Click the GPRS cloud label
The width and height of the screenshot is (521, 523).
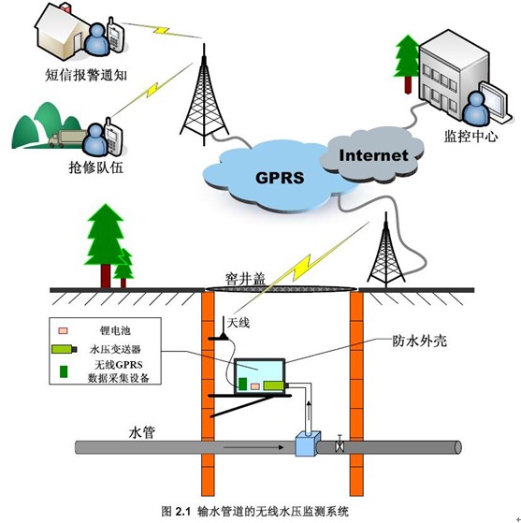pos(280,178)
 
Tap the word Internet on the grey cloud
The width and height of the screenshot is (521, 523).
pos(373,155)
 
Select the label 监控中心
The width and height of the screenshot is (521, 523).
pos(470,136)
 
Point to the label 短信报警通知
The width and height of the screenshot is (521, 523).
pos(86,75)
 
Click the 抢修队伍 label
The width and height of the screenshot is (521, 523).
pos(96,167)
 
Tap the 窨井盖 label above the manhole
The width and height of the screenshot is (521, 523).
pos(245,279)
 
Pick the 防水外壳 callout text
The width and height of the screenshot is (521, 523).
pos(419,341)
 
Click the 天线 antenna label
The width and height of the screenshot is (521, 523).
pos(239,323)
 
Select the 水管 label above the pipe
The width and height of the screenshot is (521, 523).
pos(142,432)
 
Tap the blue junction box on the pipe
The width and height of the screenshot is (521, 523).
pos(308,443)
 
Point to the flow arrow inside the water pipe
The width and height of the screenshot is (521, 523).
pos(253,447)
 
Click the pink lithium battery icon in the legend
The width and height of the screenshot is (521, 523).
pos(63,330)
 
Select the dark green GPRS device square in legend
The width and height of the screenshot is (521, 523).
pos(64,371)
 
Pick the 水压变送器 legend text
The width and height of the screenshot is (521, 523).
pos(115,349)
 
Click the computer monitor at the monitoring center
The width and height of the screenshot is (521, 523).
pos(495,100)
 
